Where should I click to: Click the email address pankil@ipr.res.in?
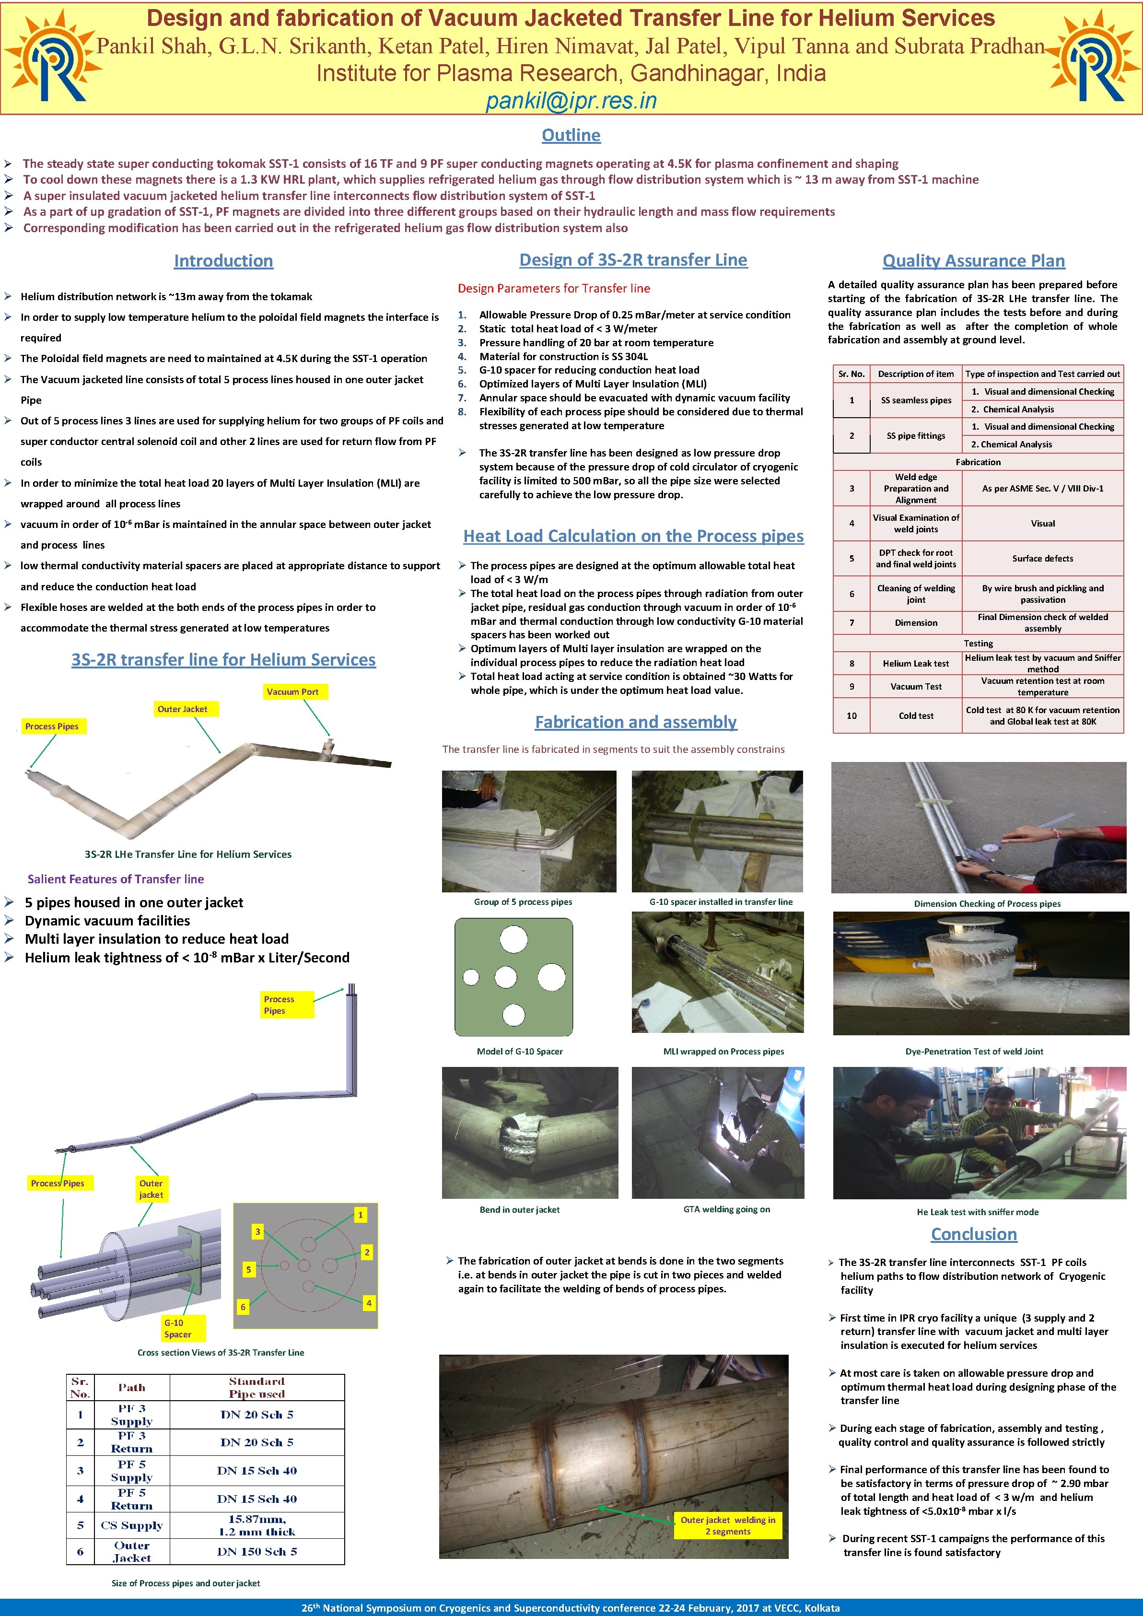(x=571, y=101)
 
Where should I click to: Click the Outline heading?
(x=571, y=135)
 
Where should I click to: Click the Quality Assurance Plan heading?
(x=973, y=261)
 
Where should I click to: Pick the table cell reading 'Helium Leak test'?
(x=916, y=663)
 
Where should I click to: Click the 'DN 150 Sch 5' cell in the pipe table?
(x=257, y=1551)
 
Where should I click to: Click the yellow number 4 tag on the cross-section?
(x=369, y=1303)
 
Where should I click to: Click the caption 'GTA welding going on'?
(x=726, y=1209)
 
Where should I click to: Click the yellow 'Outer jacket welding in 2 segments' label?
(x=728, y=1525)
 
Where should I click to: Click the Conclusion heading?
(x=973, y=1234)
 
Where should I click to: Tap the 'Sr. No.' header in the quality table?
(x=851, y=374)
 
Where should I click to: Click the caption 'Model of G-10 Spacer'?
(x=519, y=1052)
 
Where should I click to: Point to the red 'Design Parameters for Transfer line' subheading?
(x=554, y=289)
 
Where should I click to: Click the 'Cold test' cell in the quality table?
(x=916, y=716)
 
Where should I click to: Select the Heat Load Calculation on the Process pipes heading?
(x=633, y=536)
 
